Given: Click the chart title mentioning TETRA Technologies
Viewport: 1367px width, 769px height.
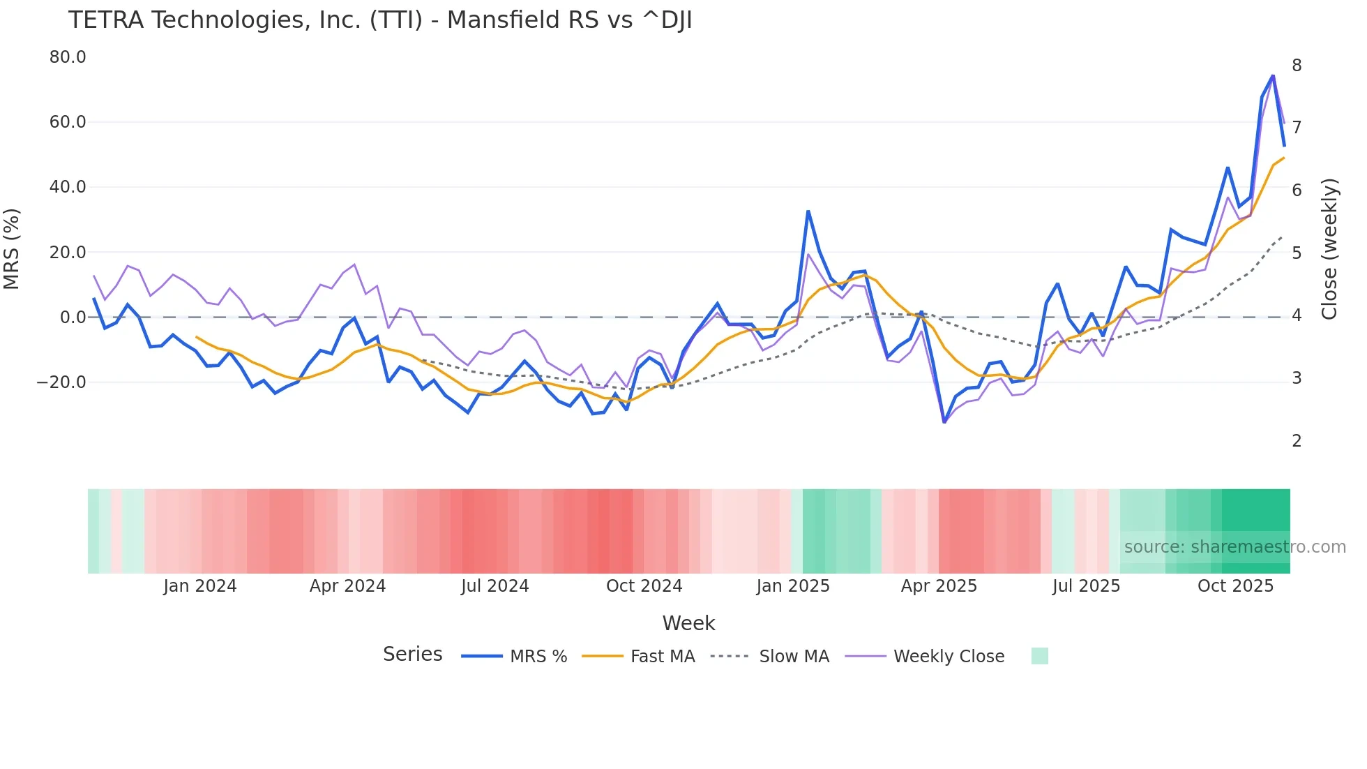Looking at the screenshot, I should click(x=380, y=20).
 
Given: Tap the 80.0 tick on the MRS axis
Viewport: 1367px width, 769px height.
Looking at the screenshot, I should click(x=68, y=57).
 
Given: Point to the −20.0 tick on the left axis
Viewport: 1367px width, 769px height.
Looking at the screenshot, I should click(x=61, y=382).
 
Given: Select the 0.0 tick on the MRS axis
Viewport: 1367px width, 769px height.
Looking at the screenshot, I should click(x=73, y=318).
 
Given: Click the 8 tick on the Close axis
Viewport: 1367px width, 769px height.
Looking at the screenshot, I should click(x=1297, y=66).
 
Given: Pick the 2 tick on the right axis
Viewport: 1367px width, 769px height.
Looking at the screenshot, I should click(x=1297, y=441).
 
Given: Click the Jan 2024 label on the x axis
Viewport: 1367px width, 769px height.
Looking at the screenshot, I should click(x=200, y=586).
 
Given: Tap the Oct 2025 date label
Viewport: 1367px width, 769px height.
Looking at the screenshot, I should click(x=1235, y=586).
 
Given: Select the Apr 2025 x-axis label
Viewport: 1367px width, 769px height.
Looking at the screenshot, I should click(x=939, y=586).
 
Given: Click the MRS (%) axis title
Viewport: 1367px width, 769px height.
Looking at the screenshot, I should click(x=12, y=249).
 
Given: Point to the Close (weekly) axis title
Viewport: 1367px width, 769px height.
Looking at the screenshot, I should click(x=1329, y=249).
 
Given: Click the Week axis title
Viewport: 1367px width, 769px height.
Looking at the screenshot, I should click(x=688, y=623).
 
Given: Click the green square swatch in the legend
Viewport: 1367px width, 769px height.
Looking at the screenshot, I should click(x=1039, y=656).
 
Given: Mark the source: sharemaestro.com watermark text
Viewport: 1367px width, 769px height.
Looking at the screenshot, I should click(x=1234, y=547).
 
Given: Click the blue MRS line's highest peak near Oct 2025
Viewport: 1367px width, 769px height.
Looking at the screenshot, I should click(x=1273, y=75).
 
